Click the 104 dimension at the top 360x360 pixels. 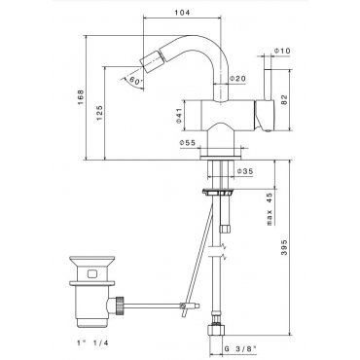pyautogui.click(x=182, y=13)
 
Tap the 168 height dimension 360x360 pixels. pyautogui.click(x=81, y=97)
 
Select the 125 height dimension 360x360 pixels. pyautogui.click(x=99, y=112)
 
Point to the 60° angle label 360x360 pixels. pyautogui.click(x=134, y=80)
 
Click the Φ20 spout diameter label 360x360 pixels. pyautogui.click(x=237, y=78)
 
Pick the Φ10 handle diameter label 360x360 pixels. pyautogui.click(x=282, y=51)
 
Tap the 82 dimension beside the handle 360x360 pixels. pyautogui.click(x=284, y=99)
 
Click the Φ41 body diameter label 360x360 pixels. pyautogui.click(x=179, y=116)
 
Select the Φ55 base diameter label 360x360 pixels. pyautogui.click(x=188, y=143)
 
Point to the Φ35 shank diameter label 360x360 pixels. pyautogui.click(x=245, y=171)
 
